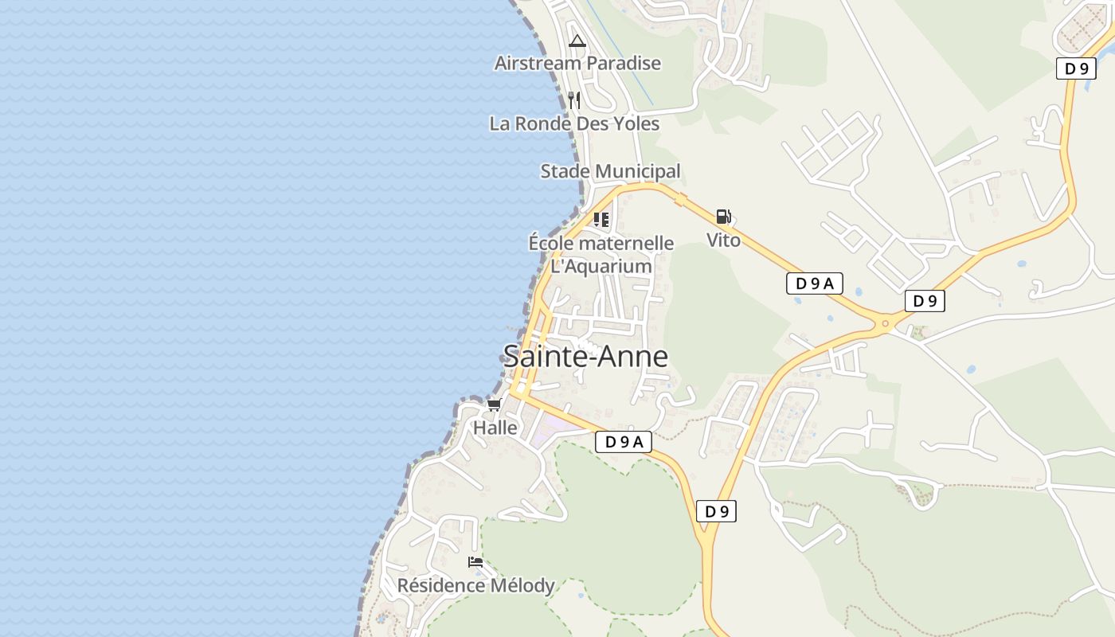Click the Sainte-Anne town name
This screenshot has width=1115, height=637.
[585, 357]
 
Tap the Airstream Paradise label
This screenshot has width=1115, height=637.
[577, 63]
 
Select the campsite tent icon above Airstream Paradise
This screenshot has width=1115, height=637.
[577, 41]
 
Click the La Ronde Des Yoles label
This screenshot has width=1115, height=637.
[574, 123]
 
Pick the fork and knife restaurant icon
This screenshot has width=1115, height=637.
[574, 100]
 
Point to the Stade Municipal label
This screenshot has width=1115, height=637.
[610, 171]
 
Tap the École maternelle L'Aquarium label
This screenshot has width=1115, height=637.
[601, 255]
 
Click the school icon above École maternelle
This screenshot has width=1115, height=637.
[601, 220]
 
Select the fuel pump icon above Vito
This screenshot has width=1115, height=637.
[723, 217]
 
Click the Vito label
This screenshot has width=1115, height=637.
[723, 240]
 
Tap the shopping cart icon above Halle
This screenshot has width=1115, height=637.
[495, 405]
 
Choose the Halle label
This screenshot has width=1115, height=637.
[495, 428]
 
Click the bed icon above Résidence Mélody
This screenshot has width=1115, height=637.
[475, 562]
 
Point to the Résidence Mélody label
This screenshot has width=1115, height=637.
[475, 586]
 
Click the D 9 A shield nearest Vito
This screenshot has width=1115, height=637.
[814, 283]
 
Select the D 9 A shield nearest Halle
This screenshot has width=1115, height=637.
[623, 442]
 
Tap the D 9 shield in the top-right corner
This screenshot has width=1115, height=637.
[1076, 68]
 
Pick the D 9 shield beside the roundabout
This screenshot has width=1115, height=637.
[925, 301]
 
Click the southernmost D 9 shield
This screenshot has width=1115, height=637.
[716, 511]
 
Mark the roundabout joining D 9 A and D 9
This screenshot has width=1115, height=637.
[884, 323]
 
